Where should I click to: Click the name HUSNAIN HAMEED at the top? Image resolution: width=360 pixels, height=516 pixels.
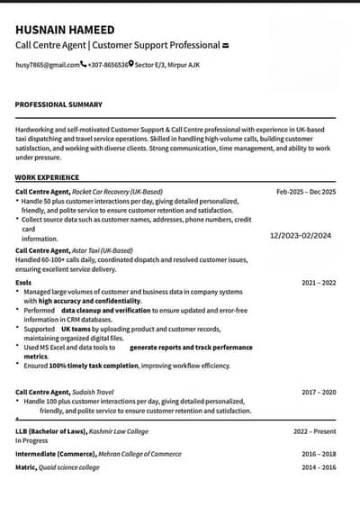(x=63, y=28)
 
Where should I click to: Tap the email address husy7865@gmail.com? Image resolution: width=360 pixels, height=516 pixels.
(x=48, y=65)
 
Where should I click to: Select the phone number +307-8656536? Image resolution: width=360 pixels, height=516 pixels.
(x=108, y=65)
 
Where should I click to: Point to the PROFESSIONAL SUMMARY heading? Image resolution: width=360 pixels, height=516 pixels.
(x=58, y=104)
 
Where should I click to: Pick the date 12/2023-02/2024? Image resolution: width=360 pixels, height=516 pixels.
(x=301, y=235)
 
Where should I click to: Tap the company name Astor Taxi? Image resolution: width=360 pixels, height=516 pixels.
(x=90, y=250)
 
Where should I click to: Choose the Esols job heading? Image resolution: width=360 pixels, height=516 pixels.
(x=23, y=283)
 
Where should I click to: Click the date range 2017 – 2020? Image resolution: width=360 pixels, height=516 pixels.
(x=319, y=393)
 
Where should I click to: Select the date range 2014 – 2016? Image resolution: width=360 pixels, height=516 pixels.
(x=319, y=467)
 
